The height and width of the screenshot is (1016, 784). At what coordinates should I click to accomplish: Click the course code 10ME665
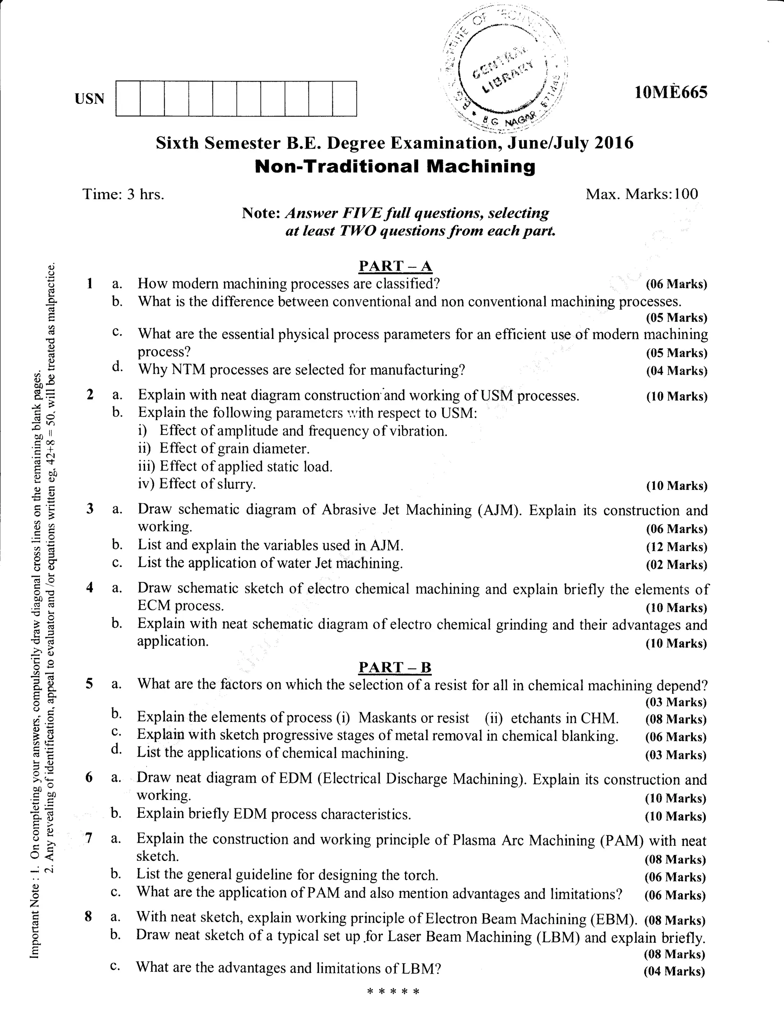click(x=671, y=93)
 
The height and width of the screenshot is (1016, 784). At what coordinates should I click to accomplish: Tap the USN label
click(x=89, y=98)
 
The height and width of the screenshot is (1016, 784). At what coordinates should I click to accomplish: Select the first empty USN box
click(x=128, y=98)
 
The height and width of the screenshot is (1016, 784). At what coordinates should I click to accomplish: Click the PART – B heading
click(x=395, y=668)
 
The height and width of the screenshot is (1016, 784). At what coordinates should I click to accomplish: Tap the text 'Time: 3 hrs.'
click(x=123, y=194)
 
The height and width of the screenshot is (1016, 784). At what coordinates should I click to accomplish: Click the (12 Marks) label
click(x=676, y=547)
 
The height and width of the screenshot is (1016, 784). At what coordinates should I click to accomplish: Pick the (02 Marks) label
click(x=676, y=565)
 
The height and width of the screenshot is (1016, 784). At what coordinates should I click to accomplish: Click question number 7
click(x=89, y=838)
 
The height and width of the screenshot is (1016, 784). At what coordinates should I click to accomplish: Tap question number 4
click(x=90, y=588)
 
